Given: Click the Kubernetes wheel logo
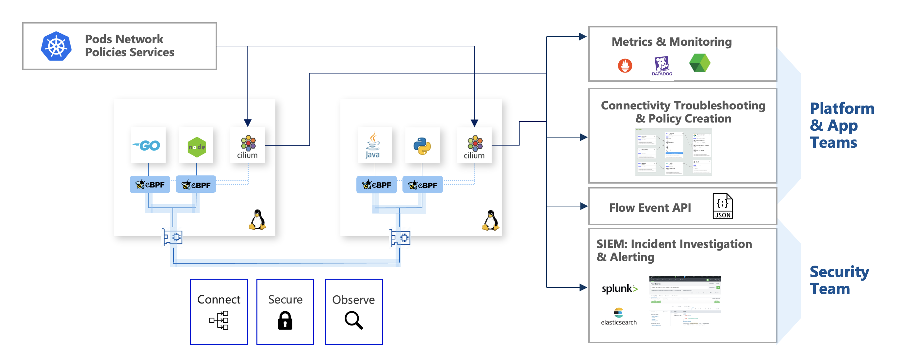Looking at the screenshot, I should (x=56, y=46).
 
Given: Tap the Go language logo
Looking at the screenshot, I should (x=147, y=145).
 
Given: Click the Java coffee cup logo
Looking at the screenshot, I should (x=373, y=145).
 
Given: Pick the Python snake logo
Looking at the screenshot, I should (x=422, y=146).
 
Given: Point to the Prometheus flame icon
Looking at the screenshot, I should (x=625, y=65).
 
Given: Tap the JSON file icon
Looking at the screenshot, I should (x=722, y=206).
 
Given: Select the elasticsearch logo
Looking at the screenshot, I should (x=618, y=317).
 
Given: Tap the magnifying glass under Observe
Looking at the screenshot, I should (x=353, y=320).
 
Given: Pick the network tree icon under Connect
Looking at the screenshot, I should (x=219, y=320).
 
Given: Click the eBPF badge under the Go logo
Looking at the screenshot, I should (x=150, y=185).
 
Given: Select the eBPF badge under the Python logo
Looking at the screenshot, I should (x=422, y=185).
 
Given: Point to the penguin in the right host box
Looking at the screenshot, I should (x=490, y=221).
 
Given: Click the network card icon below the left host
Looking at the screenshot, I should (x=172, y=237).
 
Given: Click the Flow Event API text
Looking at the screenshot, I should (x=650, y=207).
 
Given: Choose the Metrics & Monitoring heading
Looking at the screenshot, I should (x=671, y=42).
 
